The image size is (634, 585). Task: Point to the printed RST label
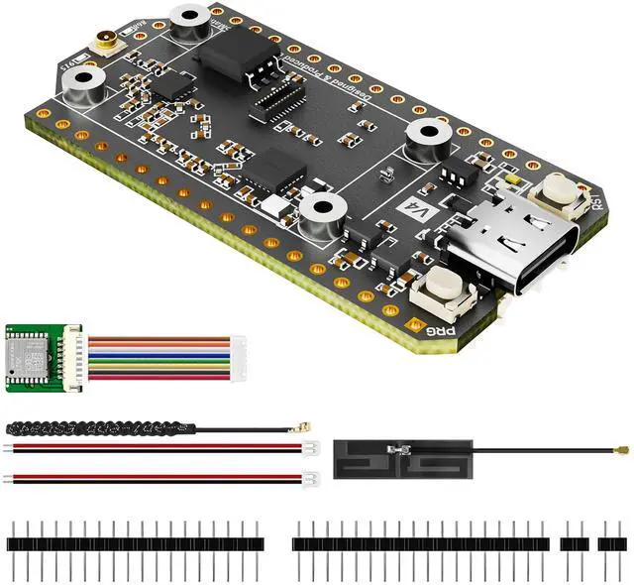pos(596,202)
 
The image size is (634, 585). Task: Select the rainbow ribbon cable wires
pos(149,355)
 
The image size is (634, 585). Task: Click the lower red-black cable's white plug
pos(307,480)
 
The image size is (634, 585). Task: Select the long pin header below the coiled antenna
pos(135,543)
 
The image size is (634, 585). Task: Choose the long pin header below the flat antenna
pos(420,543)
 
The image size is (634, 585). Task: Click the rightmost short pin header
pos(608,543)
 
